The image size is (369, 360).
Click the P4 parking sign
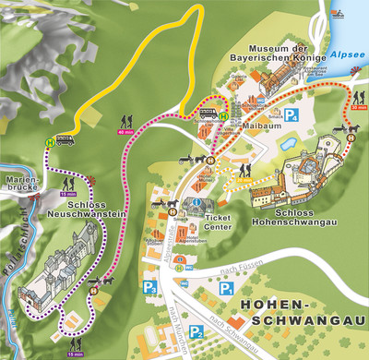pyautogui.click(x=292, y=116)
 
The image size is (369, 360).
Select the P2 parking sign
pyautogui.click(x=195, y=331)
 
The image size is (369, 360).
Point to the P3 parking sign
pyautogui.click(x=149, y=286)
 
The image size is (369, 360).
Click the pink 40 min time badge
pyautogui.click(x=125, y=131)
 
